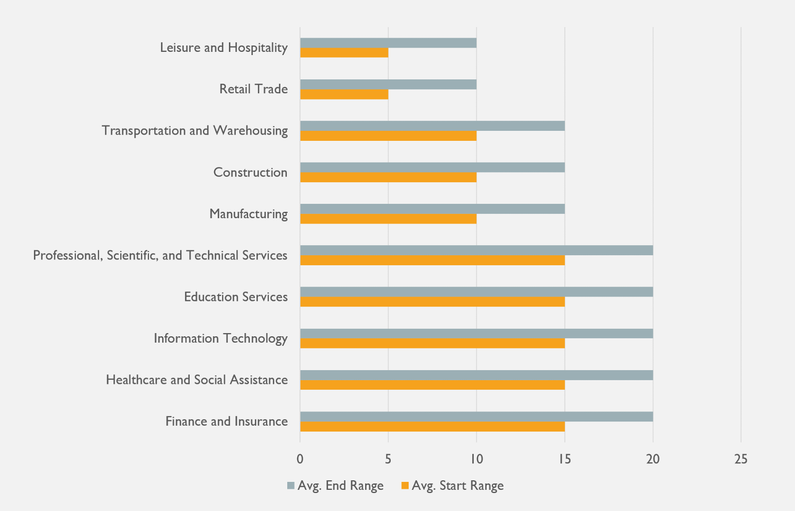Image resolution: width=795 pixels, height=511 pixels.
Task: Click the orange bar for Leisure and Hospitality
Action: (x=344, y=53)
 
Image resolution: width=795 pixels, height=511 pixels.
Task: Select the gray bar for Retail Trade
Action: (x=388, y=85)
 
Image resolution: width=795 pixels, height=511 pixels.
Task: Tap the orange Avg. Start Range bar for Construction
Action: (x=388, y=177)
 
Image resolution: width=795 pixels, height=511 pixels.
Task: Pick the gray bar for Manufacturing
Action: (x=432, y=209)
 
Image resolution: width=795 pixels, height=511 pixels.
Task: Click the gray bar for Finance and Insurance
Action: (x=476, y=417)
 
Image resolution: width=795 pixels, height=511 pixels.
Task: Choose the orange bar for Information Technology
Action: (x=432, y=343)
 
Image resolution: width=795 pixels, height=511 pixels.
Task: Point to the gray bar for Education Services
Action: (x=476, y=292)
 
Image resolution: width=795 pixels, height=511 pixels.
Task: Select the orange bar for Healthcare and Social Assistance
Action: (x=432, y=385)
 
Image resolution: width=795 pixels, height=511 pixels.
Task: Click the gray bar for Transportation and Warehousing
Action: (x=432, y=126)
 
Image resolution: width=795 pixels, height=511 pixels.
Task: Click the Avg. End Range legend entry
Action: (x=335, y=486)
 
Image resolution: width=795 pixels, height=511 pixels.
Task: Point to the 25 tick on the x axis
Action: (x=740, y=459)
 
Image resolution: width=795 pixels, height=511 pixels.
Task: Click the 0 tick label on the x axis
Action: (x=300, y=459)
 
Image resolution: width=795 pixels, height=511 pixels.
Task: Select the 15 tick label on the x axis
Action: (x=564, y=459)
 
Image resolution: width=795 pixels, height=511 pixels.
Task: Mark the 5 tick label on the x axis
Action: (x=388, y=459)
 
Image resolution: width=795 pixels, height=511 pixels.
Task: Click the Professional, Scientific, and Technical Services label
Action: (x=160, y=255)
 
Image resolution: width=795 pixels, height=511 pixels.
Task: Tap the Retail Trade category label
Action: (x=253, y=89)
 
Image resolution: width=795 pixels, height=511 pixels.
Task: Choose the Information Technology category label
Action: (x=220, y=338)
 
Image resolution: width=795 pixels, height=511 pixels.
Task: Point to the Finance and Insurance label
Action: (x=226, y=422)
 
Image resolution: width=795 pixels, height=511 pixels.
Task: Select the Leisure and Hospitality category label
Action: (x=224, y=48)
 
